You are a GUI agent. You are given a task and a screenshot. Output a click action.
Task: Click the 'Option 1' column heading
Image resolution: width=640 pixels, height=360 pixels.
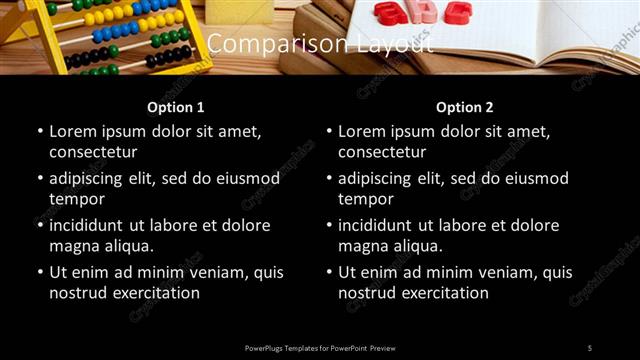(175, 107)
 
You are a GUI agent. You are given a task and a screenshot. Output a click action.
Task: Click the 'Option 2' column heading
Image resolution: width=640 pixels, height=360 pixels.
(465, 107)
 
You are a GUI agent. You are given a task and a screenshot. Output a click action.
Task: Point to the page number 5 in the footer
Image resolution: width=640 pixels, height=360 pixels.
(590, 347)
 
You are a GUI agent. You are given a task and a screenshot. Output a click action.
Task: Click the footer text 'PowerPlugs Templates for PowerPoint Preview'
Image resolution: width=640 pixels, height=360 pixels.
(320, 347)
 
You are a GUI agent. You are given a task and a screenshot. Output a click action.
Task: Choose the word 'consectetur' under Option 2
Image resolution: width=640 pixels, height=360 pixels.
(382, 152)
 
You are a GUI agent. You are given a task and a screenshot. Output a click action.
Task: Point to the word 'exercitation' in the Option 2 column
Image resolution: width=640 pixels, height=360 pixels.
(443, 293)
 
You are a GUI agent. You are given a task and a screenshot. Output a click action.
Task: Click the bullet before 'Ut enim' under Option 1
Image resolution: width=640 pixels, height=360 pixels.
(40, 272)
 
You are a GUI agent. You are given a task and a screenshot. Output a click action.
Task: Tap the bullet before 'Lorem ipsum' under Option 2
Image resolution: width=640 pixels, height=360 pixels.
(330, 131)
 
